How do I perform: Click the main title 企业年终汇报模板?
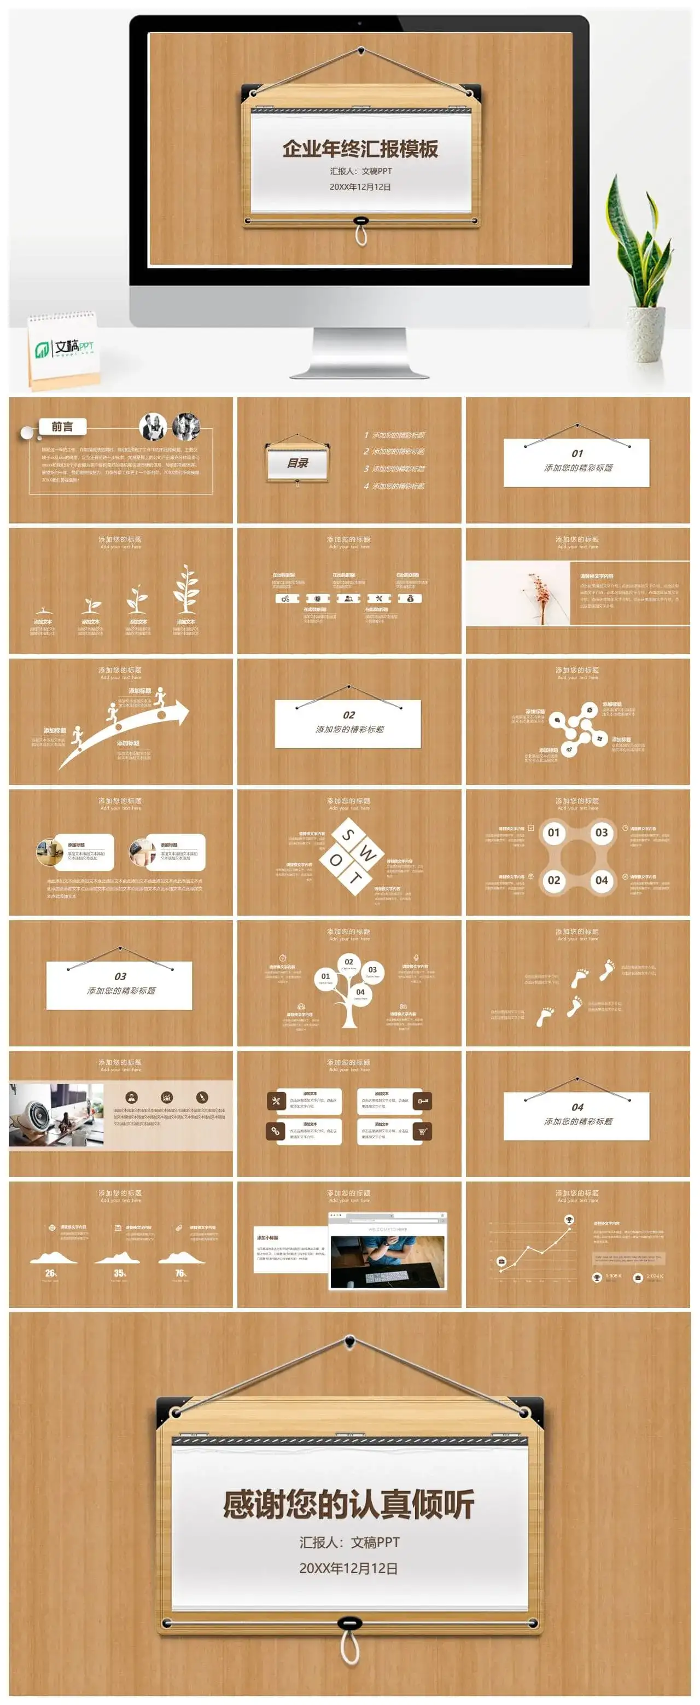coord(360,149)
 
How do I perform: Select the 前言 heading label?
coord(62,427)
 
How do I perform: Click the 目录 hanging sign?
coord(297,463)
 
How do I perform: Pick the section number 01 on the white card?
coord(577,453)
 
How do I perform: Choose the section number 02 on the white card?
coord(349,715)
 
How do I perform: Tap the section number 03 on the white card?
coord(120,976)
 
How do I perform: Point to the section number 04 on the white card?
coord(577,1107)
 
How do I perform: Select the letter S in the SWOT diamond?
coord(348,835)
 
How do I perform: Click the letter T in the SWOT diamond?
coord(355,878)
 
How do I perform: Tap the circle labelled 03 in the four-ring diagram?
coord(601,833)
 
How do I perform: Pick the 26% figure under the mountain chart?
coord(51,1273)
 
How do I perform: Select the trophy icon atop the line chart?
coord(569,1219)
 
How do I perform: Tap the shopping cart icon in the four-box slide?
coord(422,1132)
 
